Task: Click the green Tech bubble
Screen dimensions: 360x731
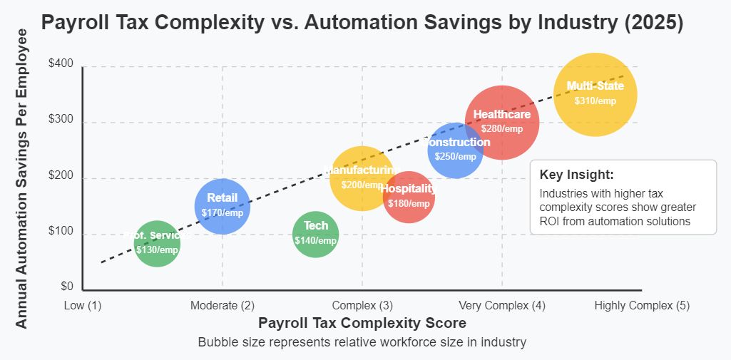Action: [x=315, y=234]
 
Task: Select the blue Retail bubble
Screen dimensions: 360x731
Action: [x=222, y=206]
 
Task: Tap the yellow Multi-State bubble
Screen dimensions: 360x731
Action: [x=595, y=94]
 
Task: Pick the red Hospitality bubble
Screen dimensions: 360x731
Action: [x=409, y=197]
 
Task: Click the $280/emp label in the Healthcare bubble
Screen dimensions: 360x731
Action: [x=502, y=129]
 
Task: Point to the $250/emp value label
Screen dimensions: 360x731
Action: [x=456, y=156]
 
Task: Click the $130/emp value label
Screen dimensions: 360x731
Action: [x=157, y=250]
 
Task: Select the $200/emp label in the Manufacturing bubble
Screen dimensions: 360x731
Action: [x=362, y=185]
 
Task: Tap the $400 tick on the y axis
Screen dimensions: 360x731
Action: [x=61, y=63]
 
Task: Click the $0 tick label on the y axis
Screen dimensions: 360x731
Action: [x=66, y=287]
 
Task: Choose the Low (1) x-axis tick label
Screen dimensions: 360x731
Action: [x=83, y=305]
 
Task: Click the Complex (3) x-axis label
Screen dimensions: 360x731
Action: [x=362, y=305]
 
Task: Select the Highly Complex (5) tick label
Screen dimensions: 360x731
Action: [x=642, y=305]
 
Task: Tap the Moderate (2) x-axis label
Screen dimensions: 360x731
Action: [x=223, y=305]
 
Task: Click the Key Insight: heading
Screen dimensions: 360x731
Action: [x=576, y=175]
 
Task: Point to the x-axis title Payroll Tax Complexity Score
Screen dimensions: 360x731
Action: [x=362, y=323]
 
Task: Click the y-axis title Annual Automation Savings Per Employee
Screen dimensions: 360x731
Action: [x=21, y=178]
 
